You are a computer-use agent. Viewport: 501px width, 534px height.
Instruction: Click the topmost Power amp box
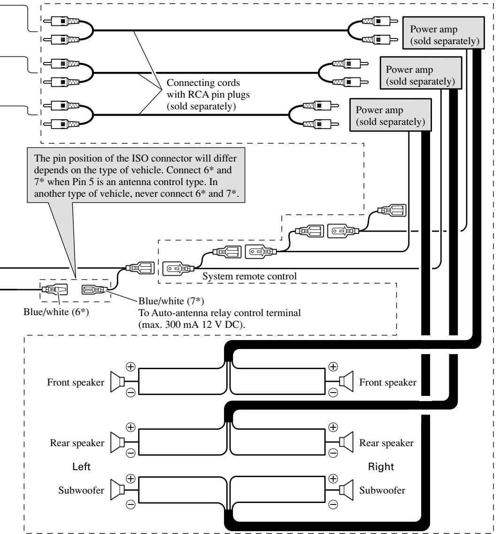pos(443,33)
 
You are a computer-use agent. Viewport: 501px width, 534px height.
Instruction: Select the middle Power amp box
pos(421,73)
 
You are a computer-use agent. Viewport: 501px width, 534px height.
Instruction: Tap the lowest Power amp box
pos(391,115)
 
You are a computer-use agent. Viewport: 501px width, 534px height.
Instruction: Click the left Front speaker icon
pos(118,382)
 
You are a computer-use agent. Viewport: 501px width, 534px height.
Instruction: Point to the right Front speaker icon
pos(346,382)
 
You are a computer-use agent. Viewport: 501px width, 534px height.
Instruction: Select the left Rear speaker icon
pos(118,442)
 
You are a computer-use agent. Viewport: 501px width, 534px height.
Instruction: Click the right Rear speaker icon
pos(346,442)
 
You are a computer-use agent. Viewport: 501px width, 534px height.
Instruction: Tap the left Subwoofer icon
pos(118,490)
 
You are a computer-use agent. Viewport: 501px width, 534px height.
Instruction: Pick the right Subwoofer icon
pos(346,490)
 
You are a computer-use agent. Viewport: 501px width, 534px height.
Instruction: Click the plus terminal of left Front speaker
pos(131,367)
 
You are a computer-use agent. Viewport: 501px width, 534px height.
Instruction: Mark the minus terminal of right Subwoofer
pos(333,504)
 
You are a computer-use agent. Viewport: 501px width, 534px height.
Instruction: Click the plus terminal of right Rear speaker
pos(333,427)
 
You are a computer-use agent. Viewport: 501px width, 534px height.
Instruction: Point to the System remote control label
pos(250,276)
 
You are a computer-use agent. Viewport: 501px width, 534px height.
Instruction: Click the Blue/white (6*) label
pos(56,312)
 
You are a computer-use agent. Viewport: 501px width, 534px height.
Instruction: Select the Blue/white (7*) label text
pos(171,301)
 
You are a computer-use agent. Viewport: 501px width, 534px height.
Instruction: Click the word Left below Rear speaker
pos(81,466)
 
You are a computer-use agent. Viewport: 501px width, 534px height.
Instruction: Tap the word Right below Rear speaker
pos(381,466)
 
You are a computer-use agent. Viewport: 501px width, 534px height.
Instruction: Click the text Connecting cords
pos(203,83)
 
